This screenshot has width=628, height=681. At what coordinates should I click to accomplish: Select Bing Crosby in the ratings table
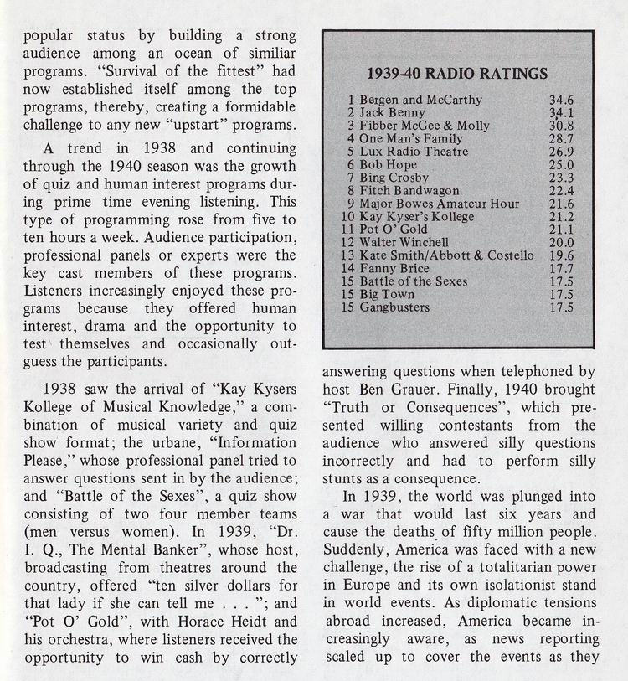pyautogui.click(x=394, y=178)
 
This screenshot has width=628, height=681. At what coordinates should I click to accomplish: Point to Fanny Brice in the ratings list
pyautogui.click(x=394, y=269)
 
